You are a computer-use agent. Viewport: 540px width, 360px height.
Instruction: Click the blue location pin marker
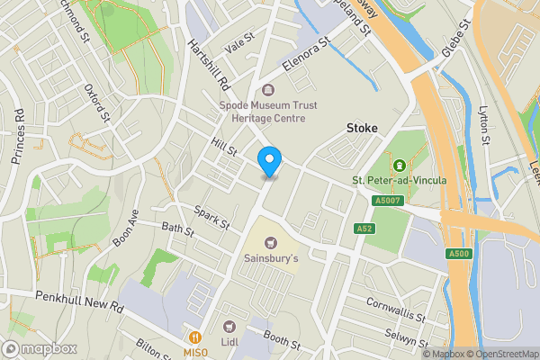click(268, 161)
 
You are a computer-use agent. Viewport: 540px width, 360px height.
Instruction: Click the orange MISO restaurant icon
click(193, 327)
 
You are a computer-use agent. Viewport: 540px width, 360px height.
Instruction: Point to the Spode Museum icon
click(268, 89)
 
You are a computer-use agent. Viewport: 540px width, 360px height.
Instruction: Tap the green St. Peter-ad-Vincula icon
click(399, 165)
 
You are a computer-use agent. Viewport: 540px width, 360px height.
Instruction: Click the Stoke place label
click(362, 128)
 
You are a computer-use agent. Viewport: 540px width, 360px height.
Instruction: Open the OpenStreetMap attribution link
click(496, 354)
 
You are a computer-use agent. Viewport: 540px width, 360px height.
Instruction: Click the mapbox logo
click(38, 348)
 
